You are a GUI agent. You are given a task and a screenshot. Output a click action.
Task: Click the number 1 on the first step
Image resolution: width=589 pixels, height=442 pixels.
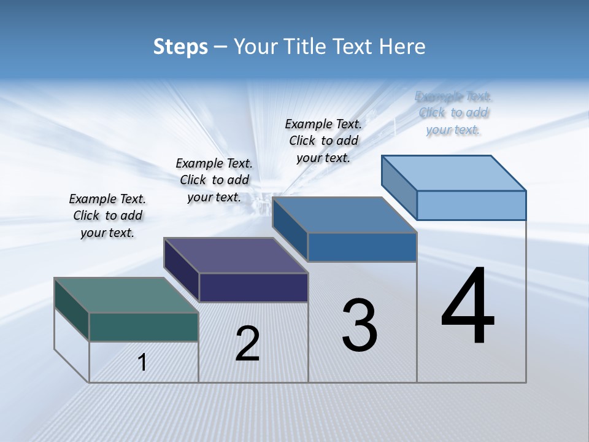tap(142, 363)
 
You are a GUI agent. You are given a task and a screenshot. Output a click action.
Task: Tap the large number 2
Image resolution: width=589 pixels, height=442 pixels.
tap(247, 344)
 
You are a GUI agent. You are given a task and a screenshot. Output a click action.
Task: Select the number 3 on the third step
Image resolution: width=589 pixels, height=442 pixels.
tap(360, 326)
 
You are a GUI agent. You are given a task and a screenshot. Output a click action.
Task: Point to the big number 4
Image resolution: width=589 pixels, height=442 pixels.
tap(468, 308)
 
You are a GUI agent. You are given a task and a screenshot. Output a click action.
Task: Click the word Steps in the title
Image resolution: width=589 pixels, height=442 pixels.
tap(180, 47)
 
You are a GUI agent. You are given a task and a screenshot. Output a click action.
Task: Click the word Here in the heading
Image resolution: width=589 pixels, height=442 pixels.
tap(402, 47)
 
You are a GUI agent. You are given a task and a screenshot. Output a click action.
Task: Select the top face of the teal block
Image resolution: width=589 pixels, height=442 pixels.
tap(126, 295)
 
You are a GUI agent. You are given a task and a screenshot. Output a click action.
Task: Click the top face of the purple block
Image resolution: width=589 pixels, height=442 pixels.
tap(236, 255)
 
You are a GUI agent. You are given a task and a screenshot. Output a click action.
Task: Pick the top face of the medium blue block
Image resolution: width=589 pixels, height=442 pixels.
tap(345, 215)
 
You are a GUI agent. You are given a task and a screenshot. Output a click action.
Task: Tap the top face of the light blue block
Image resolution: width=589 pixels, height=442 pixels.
tap(454, 173)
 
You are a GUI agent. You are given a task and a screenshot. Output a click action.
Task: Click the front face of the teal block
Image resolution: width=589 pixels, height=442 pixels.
tap(144, 327)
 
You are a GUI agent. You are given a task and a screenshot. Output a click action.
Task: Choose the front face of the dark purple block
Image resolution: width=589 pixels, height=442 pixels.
tap(253, 287)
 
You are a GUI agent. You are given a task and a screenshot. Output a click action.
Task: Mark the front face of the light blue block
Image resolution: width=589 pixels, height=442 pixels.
tap(471, 205)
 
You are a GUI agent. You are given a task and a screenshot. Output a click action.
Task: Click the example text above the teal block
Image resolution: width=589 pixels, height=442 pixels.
tap(107, 216)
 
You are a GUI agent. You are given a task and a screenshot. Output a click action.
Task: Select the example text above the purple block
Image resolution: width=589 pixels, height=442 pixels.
tap(214, 180)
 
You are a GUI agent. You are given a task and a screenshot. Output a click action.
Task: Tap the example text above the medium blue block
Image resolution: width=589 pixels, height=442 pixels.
tap(323, 141)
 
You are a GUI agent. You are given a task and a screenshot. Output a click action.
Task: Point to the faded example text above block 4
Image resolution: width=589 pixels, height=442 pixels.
tap(453, 113)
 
